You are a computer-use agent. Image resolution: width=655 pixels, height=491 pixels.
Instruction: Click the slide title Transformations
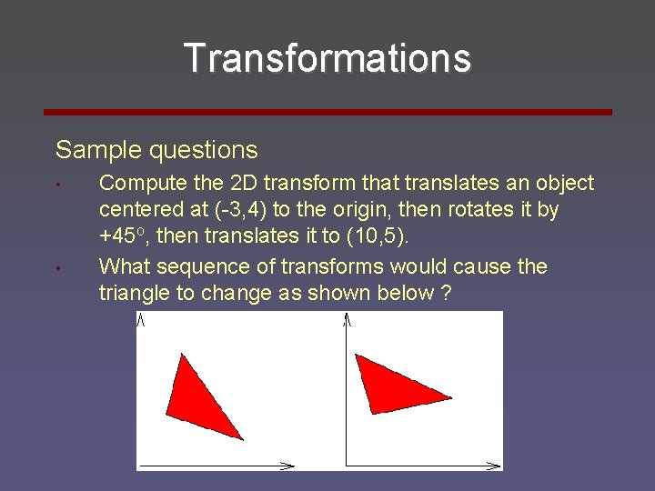tap(327, 58)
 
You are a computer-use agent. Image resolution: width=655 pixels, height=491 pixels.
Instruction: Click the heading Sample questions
tap(156, 150)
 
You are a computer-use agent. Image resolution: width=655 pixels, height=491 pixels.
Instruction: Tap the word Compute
tap(137, 183)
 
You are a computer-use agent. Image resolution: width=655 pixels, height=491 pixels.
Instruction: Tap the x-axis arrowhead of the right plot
tap(495, 466)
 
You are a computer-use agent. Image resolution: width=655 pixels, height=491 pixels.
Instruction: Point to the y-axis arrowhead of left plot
tap(141, 317)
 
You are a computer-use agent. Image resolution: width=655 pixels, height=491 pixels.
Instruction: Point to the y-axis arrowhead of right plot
tap(348, 317)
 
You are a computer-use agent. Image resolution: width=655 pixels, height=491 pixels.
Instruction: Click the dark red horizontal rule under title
tap(327, 112)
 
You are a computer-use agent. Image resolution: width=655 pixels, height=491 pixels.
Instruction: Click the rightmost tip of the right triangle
tap(449, 397)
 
